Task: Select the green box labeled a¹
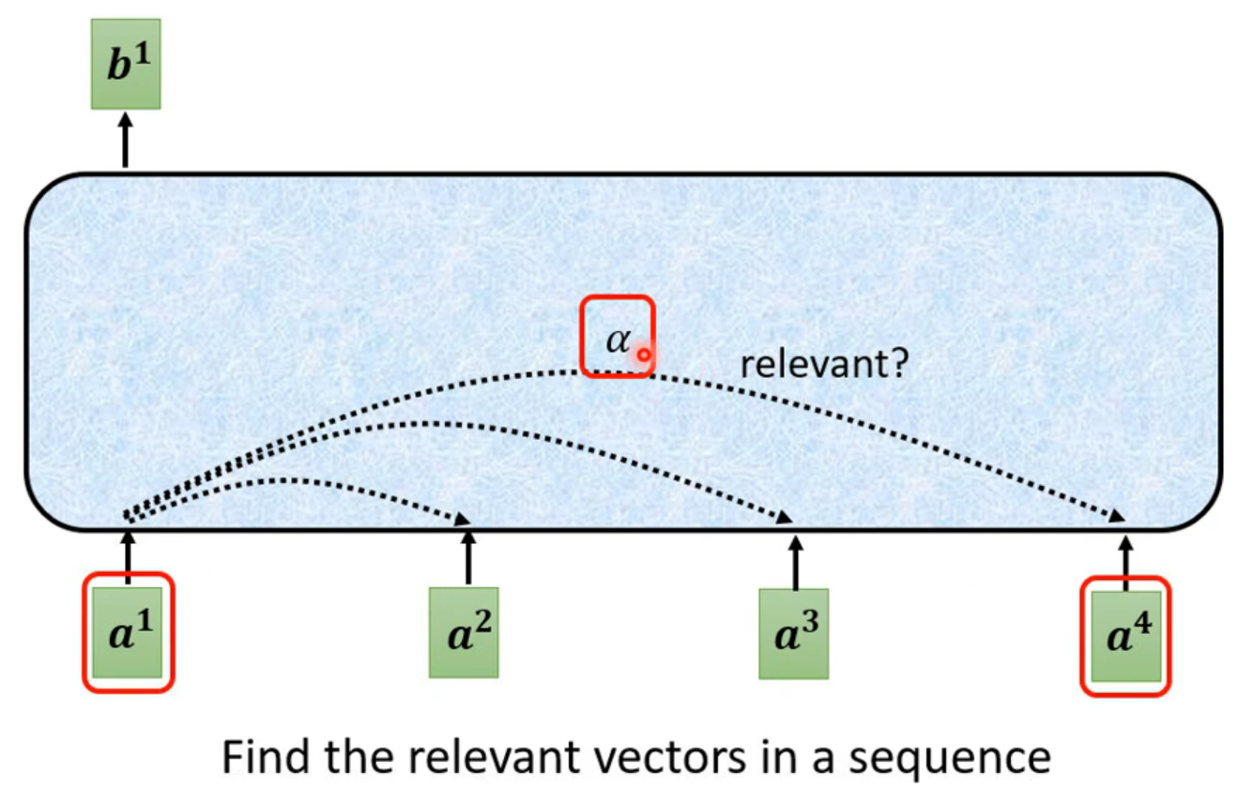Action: pos(129,632)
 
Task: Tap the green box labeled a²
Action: pos(464,632)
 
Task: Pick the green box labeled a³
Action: pos(794,632)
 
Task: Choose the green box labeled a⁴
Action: pos(1126,635)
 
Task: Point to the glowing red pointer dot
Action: pos(644,355)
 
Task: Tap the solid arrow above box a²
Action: pos(468,557)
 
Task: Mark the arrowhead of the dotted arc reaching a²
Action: pos(463,520)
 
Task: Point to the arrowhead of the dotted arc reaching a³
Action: pos(787,518)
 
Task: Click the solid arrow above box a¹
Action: pos(129,554)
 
